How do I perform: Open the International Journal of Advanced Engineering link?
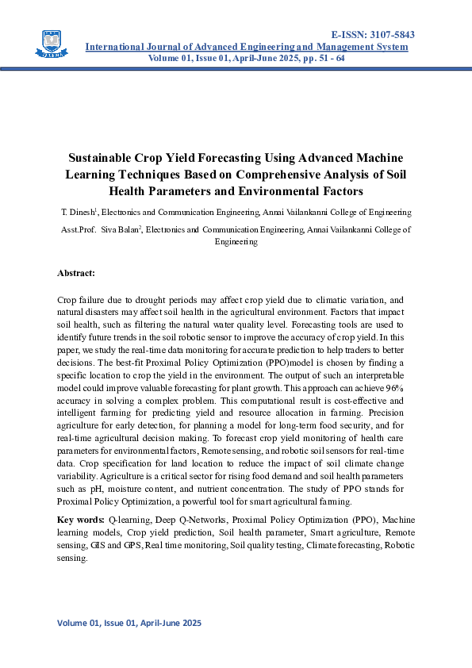[246, 48]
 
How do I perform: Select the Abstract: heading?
[76, 273]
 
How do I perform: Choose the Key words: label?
[80, 520]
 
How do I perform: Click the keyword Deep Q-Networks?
[193, 520]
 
